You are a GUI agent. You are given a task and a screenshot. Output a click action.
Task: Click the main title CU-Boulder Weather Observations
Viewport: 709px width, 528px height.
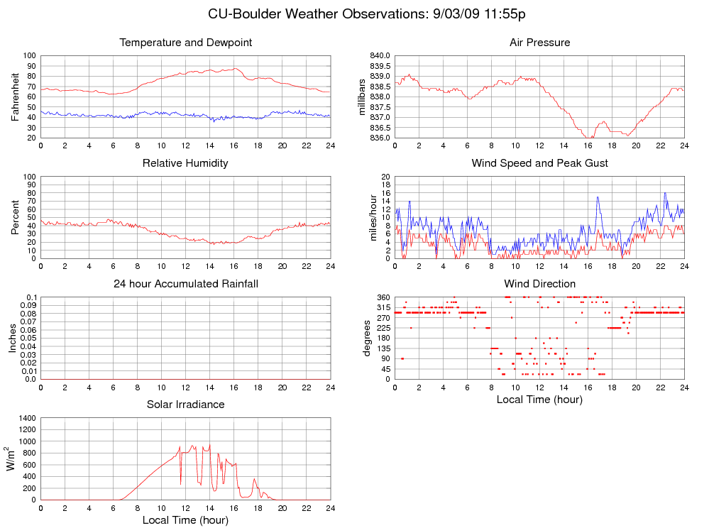[x=367, y=14]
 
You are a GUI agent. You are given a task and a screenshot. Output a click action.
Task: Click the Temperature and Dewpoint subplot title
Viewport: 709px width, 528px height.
[x=186, y=43]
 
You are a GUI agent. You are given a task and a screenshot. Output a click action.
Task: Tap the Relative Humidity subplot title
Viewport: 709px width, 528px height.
[x=185, y=163]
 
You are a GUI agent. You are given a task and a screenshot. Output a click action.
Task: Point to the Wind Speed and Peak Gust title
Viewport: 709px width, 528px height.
[x=539, y=163]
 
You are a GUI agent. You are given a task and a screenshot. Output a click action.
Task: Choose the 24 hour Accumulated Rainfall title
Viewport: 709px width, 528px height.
[x=186, y=284]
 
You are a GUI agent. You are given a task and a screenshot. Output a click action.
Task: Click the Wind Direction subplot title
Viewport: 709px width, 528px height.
[x=539, y=284]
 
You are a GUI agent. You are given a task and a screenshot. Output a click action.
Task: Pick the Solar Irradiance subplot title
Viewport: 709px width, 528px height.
[x=185, y=405]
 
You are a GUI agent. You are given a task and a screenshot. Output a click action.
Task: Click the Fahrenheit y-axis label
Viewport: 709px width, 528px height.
[x=16, y=97]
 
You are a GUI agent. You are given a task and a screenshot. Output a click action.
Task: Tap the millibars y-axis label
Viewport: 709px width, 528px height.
[x=362, y=97]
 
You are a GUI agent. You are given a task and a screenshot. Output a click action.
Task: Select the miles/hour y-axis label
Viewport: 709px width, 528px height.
[x=373, y=217]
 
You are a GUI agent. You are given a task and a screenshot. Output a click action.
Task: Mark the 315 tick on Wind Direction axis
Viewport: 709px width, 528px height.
[x=384, y=307]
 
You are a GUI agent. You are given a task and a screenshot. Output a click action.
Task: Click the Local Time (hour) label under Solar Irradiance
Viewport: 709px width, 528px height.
[x=185, y=520]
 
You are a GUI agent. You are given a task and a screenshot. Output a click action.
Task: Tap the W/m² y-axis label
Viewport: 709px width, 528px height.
[x=11, y=458]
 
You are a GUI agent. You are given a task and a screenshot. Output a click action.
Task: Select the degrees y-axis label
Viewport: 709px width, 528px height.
[x=367, y=338]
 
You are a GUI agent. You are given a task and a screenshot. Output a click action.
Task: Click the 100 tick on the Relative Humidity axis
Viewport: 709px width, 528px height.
[x=30, y=176]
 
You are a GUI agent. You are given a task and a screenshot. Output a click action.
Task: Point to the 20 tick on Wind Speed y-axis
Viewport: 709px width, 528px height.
[x=386, y=176]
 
